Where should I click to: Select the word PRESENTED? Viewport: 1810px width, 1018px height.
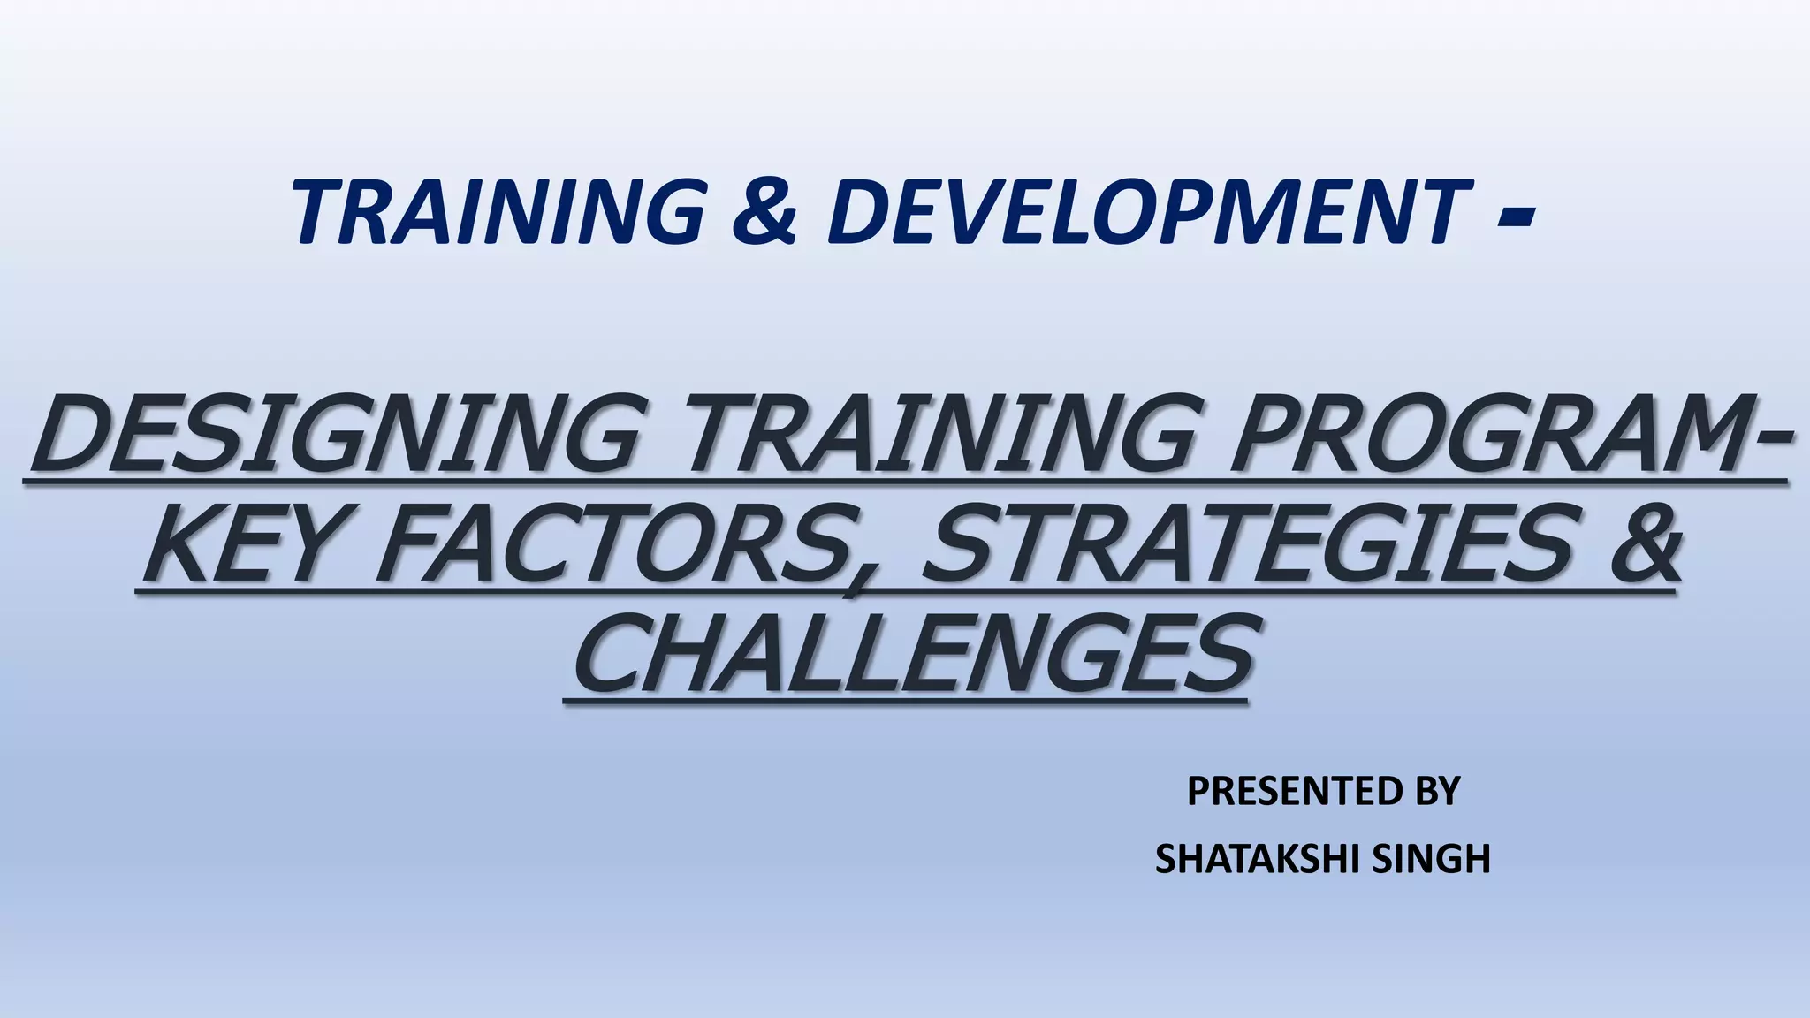pyautogui.click(x=1285, y=791)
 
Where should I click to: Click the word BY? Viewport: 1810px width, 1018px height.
pyautogui.click(x=1437, y=791)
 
